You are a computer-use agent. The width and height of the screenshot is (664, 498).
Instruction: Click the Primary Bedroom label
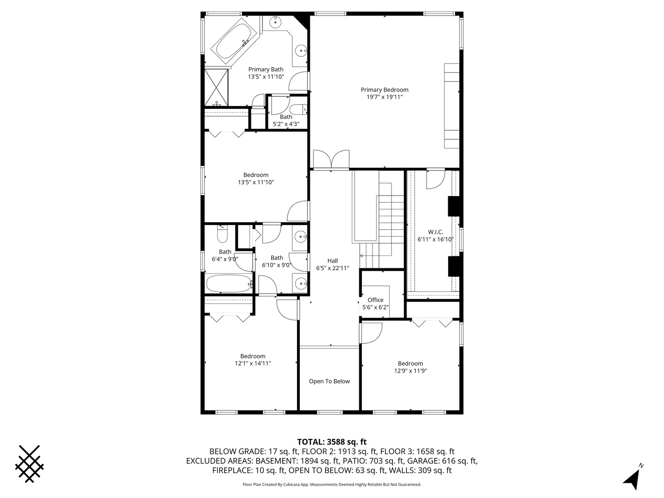pos(385,90)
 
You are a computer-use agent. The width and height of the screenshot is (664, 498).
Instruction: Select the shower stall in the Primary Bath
pos(216,88)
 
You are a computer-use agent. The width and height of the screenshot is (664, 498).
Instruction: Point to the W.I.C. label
pos(435,232)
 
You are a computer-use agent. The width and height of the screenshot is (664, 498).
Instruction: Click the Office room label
pos(375,300)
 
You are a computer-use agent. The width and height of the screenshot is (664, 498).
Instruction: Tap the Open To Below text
pos(329,381)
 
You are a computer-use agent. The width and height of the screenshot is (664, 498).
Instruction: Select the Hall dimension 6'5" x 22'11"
pos(332,268)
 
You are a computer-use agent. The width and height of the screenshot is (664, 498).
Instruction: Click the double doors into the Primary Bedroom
pos(331,160)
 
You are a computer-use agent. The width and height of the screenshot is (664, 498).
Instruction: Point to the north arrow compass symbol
pos(632,478)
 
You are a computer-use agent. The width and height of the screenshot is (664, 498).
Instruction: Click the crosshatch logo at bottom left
pos(30,464)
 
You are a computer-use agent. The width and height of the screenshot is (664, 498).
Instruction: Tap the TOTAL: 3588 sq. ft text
pos(332,442)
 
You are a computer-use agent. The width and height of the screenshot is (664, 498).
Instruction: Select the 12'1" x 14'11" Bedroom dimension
pos(253,363)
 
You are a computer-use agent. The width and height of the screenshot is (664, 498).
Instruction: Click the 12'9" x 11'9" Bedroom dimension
pos(410,371)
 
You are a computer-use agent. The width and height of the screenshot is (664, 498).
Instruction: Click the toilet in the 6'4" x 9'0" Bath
pos(222,235)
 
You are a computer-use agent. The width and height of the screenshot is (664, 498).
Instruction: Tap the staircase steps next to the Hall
pos(391,217)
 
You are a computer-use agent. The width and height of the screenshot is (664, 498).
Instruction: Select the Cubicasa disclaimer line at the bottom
pos(332,485)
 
